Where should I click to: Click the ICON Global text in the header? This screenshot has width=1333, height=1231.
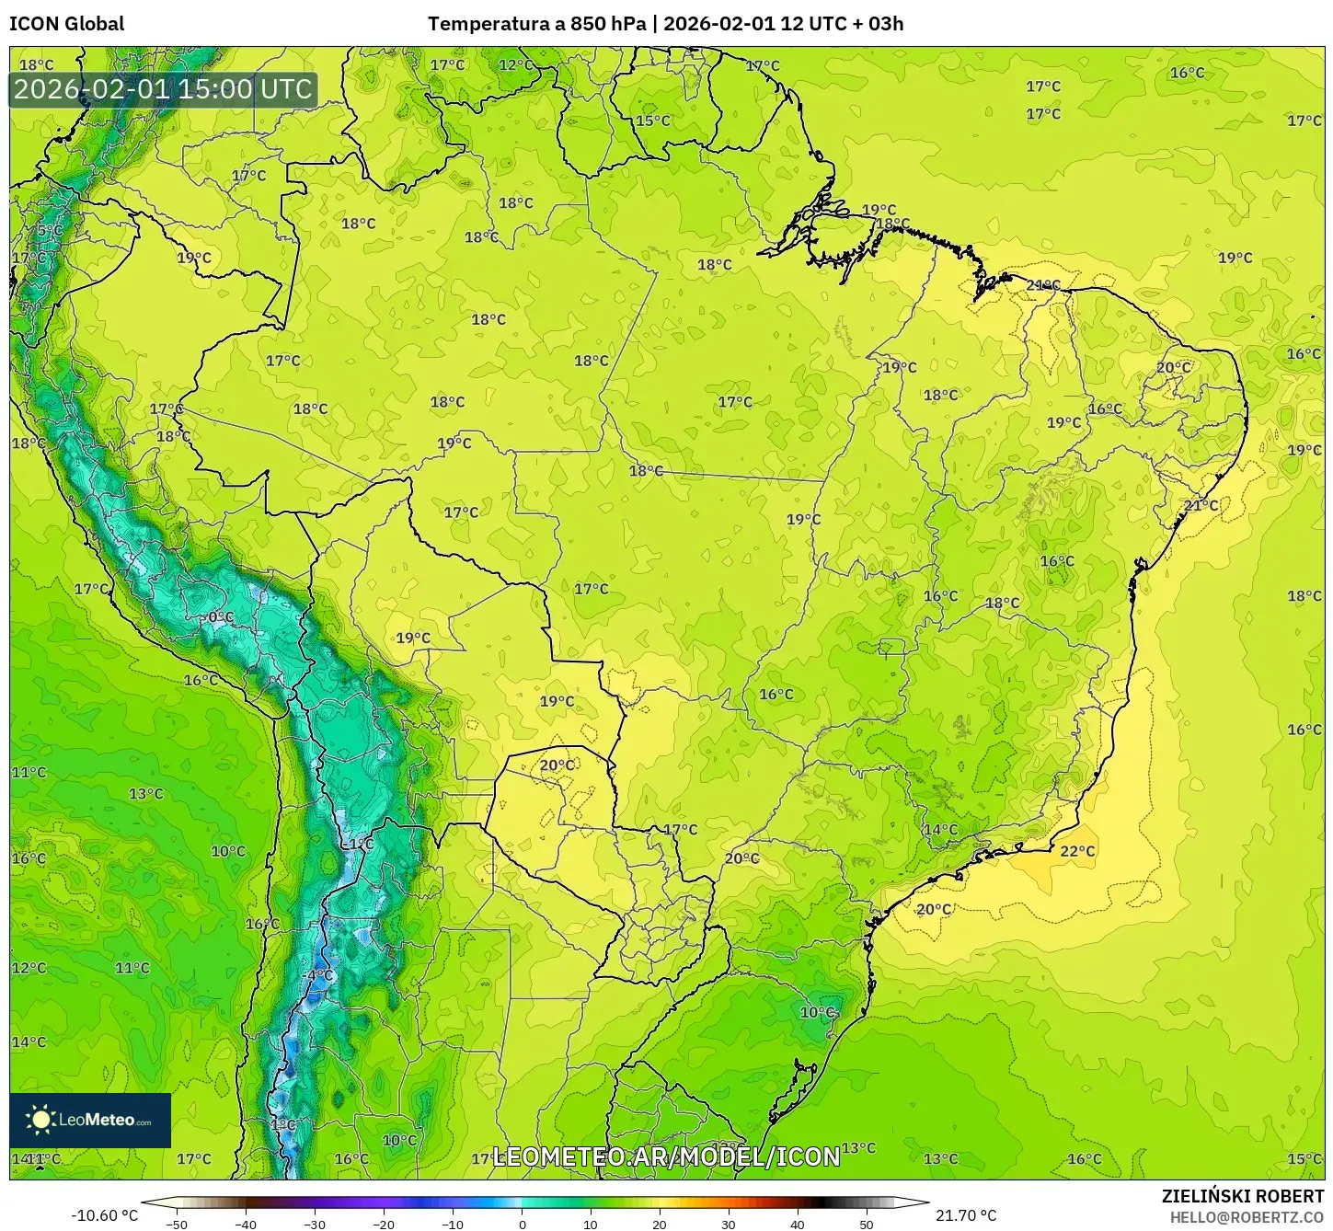tap(66, 24)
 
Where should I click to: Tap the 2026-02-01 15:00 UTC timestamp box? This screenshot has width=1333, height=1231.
tap(163, 89)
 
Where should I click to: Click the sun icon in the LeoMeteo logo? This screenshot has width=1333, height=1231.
tap(40, 1119)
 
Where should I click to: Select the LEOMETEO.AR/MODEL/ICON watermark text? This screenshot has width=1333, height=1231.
tap(666, 1156)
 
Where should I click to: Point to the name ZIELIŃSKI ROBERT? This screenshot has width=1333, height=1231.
tap(1242, 1197)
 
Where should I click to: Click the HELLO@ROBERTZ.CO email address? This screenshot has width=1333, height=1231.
tap(1246, 1217)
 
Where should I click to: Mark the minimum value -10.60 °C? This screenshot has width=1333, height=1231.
tap(104, 1215)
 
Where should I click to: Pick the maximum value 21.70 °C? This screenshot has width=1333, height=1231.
tap(966, 1215)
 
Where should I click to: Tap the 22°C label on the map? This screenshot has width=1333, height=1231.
tap(1077, 851)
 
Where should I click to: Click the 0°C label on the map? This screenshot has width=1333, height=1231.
tap(220, 616)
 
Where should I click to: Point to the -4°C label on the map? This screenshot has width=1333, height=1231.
tap(318, 975)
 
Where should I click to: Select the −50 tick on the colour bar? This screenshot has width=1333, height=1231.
tap(176, 1225)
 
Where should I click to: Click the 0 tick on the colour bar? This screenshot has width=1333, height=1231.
tap(522, 1225)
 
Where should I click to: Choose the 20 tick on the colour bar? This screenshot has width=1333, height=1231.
tap(660, 1225)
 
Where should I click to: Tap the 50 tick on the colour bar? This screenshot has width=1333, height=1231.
tap(867, 1225)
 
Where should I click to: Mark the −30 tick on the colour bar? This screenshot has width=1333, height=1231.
tap(314, 1225)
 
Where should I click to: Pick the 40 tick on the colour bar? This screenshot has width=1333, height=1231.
tap(798, 1225)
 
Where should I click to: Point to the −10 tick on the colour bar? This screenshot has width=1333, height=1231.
tap(452, 1225)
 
